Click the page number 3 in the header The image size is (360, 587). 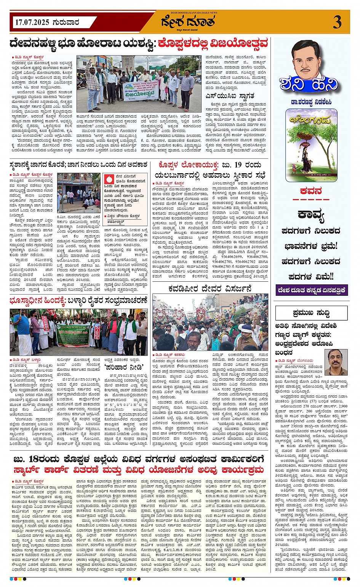337,22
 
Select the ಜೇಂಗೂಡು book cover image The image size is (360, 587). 311,145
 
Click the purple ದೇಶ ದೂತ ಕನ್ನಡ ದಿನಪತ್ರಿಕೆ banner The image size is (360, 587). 311,290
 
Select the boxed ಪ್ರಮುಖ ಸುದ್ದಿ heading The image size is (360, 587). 311,313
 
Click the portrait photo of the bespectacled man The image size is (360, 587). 336,362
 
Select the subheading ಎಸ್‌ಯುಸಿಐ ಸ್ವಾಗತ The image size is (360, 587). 230,96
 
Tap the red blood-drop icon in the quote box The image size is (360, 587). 109,178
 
